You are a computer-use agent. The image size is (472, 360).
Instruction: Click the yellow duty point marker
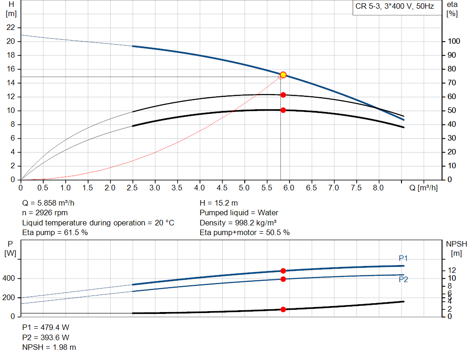(x=283, y=75)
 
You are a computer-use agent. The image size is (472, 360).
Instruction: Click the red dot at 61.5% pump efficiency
(x=283, y=95)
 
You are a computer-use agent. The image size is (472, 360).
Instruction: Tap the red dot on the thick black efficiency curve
(x=283, y=110)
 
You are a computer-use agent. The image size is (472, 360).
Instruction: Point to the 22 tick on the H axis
(x=11, y=28)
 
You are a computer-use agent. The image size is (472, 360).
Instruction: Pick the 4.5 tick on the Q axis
(x=222, y=188)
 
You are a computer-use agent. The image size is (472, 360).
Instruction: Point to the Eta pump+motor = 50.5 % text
(x=244, y=233)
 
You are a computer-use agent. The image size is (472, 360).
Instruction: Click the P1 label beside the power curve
(x=403, y=258)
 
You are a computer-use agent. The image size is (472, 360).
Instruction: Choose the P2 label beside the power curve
(x=403, y=279)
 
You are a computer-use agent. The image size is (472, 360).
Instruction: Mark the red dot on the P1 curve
(x=283, y=271)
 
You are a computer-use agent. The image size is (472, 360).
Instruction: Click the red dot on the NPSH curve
(x=283, y=310)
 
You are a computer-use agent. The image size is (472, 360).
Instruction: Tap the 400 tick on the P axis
(x=10, y=279)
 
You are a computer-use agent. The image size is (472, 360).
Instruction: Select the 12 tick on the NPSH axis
(x=452, y=270)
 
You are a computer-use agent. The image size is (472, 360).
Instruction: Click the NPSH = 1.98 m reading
(x=49, y=347)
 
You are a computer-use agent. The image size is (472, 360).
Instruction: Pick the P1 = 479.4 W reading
(x=46, y=327)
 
